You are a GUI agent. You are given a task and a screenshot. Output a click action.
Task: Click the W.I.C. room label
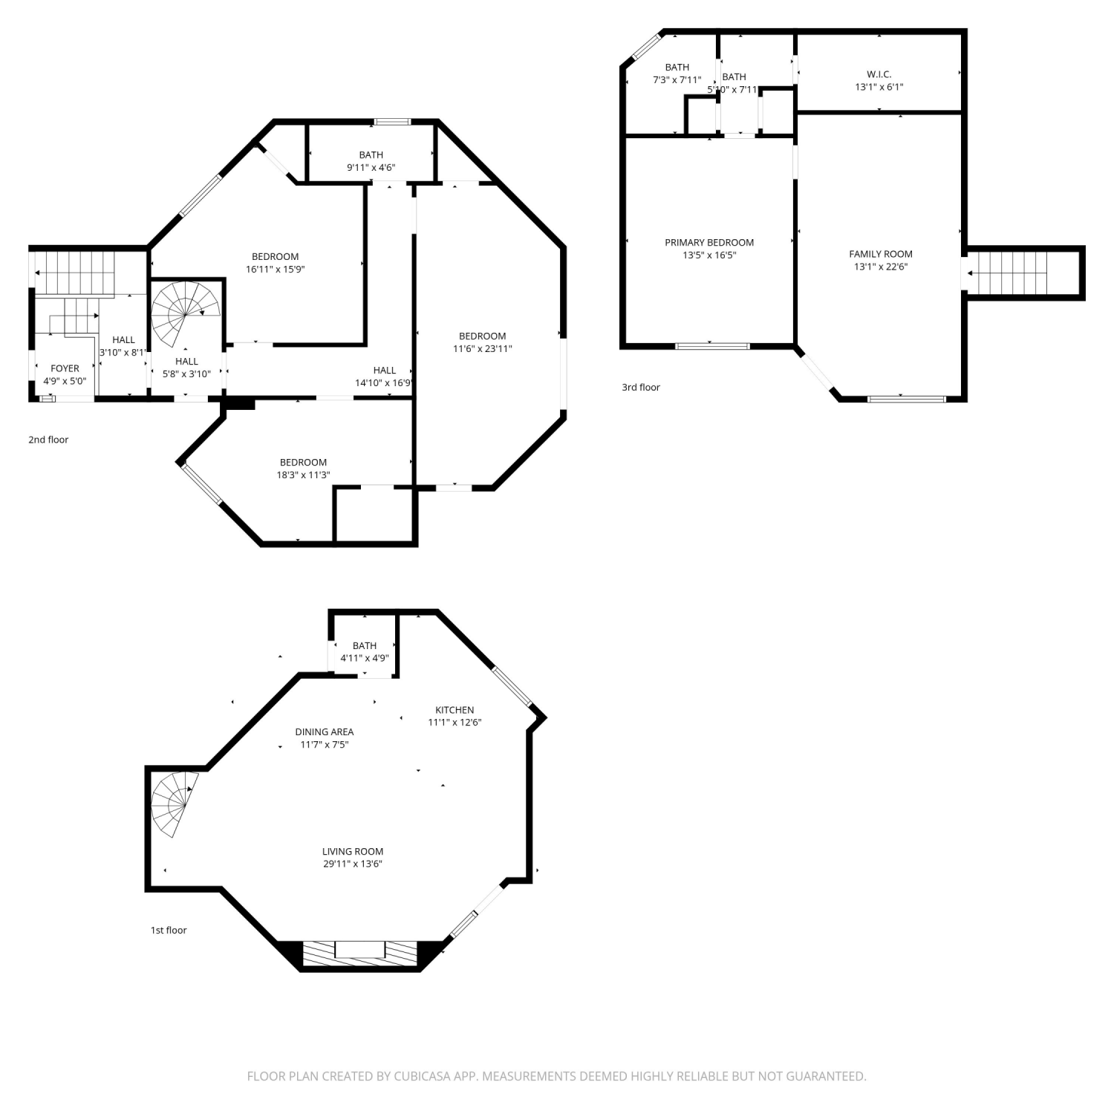click(879, 74)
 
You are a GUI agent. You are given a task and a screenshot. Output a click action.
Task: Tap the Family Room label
click(881, 254)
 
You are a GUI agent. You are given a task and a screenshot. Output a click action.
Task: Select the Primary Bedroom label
click(709, 243)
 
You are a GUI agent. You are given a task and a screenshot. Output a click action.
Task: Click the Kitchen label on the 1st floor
click(455, 710)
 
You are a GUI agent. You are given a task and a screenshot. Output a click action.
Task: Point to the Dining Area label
click(325, 732)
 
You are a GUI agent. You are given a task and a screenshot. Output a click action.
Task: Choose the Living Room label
click(353, 852)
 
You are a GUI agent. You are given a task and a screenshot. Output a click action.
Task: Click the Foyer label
click(65, 368)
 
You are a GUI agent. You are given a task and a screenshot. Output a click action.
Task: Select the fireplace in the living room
click(360, 954)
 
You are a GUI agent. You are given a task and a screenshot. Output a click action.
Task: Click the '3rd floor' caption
click(640, 387)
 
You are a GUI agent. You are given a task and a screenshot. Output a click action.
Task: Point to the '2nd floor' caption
click(48, 440)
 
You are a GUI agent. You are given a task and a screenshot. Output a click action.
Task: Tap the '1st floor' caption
click(169, 931)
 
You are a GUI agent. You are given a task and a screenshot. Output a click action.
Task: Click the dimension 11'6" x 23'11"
click(483, 349)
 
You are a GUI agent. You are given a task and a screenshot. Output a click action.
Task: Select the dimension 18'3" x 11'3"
click(303, 475)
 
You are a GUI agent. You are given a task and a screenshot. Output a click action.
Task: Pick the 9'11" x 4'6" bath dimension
click(371, 168)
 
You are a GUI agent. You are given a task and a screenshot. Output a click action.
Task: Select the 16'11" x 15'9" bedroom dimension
click(275, 270)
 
